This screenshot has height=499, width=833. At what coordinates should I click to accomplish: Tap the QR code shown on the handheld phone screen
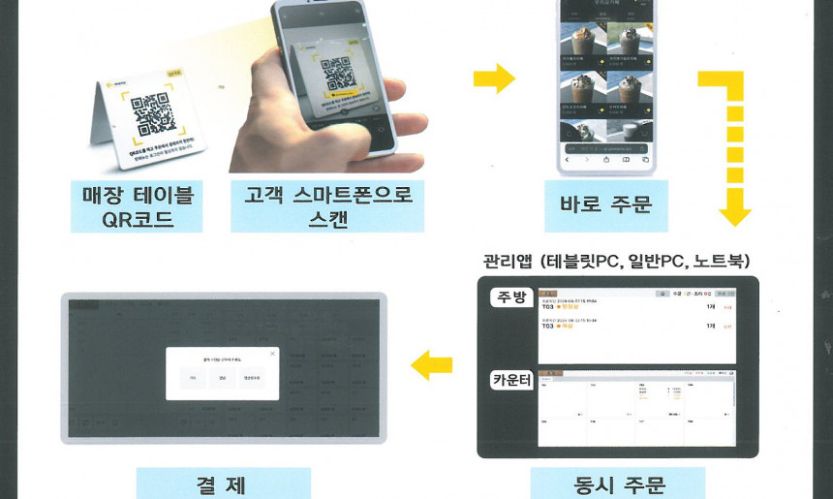335,78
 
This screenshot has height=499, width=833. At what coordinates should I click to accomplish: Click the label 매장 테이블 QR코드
137,205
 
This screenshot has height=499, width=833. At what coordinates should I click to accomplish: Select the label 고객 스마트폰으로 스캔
327,205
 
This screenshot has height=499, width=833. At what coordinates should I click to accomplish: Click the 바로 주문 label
605,203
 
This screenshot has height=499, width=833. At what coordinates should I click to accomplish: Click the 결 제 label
223,483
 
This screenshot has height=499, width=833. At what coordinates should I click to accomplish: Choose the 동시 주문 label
617,483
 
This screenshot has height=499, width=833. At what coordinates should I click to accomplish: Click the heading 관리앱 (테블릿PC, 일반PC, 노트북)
616,261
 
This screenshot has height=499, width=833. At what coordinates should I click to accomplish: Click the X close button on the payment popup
271,355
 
